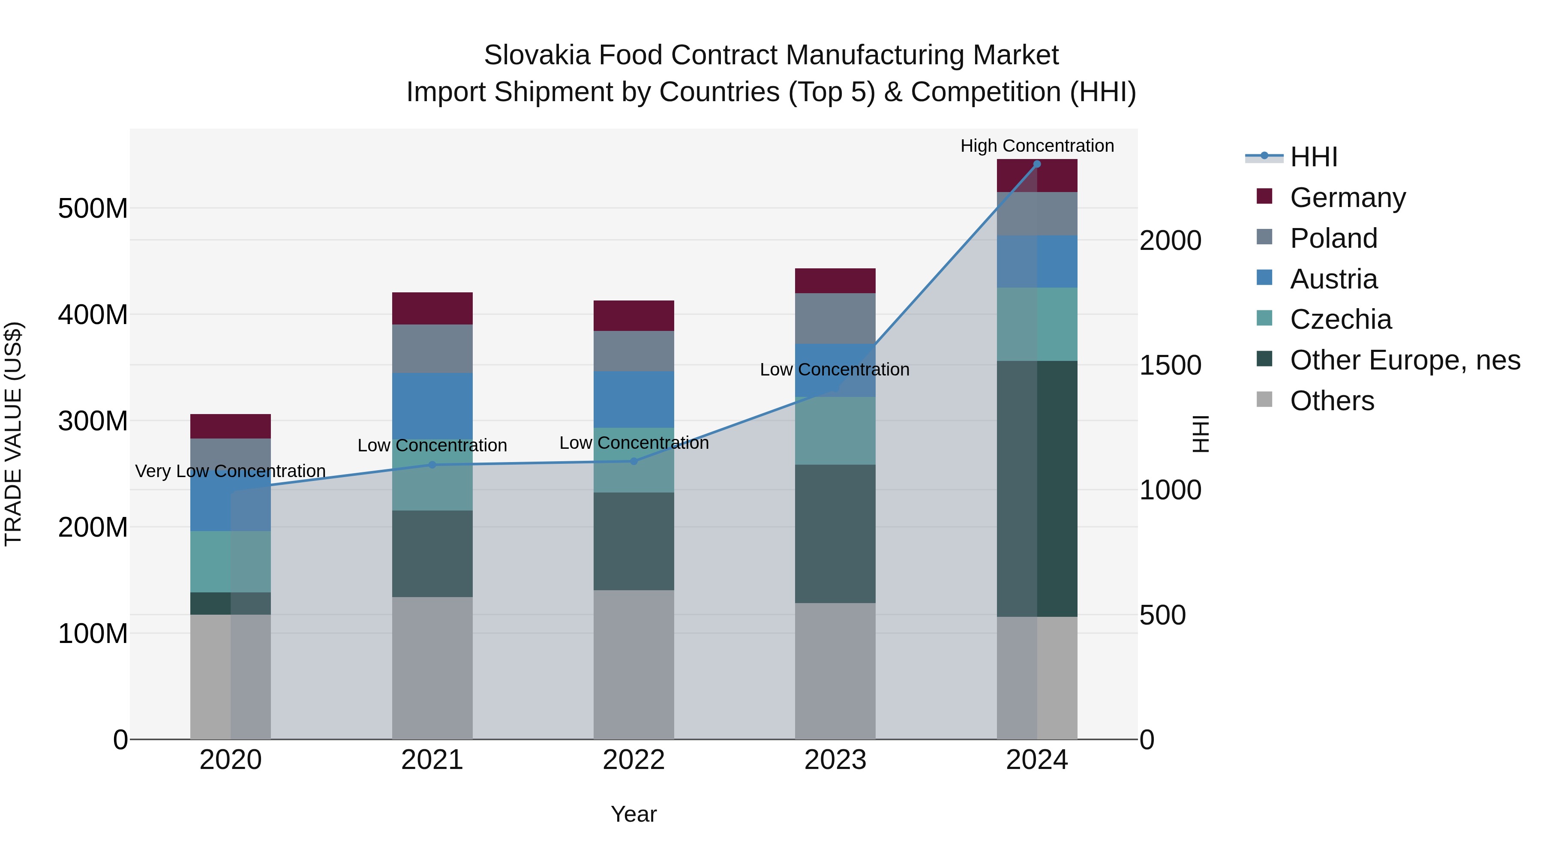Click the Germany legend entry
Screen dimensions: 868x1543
[x=1347, y=198]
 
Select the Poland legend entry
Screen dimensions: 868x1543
[x=1333, y=238]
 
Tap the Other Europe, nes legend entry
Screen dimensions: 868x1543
[x=1405, y=360]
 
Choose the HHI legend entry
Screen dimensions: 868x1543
[x=1314, y=157]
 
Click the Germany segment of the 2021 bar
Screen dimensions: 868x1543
[x=432, y=309]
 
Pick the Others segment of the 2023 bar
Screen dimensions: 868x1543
[x=835, y=671]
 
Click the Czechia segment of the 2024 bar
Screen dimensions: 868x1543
[x=1036, y=324]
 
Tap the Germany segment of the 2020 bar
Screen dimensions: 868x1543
[x=231, y=426]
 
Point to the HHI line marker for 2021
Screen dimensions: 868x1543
[x=432, y=465]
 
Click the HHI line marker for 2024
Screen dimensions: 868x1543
[x=1037, y=164]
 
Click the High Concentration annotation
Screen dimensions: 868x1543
[x=1037, y=146]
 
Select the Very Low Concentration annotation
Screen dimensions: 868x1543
[x=231, y=472]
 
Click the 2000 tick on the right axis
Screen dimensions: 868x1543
[x=1170, y=241]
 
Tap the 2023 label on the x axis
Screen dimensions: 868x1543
[x=835, y=760]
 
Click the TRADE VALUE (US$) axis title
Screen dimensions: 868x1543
[x=14, y=434]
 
